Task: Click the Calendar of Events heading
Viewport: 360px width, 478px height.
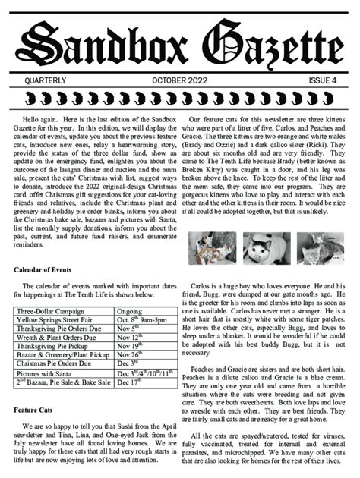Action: pyautogui.click(x=49, y=269)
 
